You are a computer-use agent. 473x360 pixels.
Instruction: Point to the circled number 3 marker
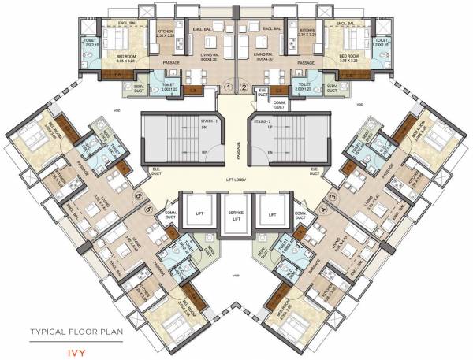(334, 197)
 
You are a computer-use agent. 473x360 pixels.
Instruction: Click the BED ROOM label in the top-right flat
(352, 56)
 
